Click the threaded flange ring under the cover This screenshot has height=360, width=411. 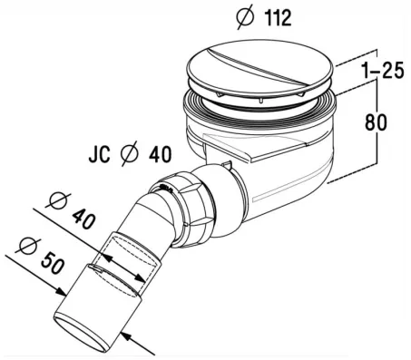pos(263,109)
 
